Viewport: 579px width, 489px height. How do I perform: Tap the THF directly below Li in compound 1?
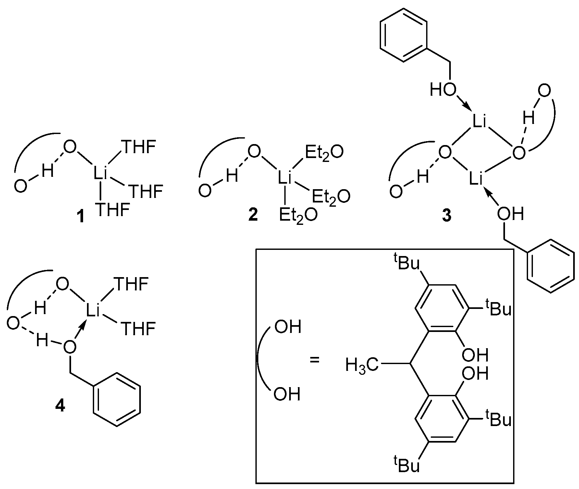point(112,210)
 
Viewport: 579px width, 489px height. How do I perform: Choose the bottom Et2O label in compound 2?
point(298,215)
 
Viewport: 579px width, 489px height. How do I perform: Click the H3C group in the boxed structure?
point(362,365)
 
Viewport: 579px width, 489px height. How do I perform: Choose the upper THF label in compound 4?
point(131,285)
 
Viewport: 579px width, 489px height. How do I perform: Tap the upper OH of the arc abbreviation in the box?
point(288,327)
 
